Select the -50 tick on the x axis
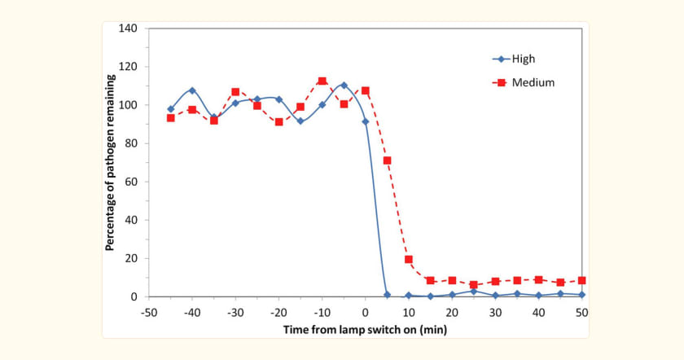click(x=149, y=312)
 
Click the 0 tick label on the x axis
click(x=366, y=312)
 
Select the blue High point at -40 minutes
click(x=192, y=90)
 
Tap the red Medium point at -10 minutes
click(x=322, y=81)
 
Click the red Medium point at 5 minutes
click(x=387, y=160)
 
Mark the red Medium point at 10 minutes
click(x=409, y=259)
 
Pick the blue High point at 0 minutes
click(x=366, y=121)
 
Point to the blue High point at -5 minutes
click(x=344, y=86)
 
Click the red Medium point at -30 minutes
click(x=235, y=92)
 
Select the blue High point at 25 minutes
click(x=473, y=291)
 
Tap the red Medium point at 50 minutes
click(x=581, y=280)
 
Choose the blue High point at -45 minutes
click(x=171, y=109)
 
